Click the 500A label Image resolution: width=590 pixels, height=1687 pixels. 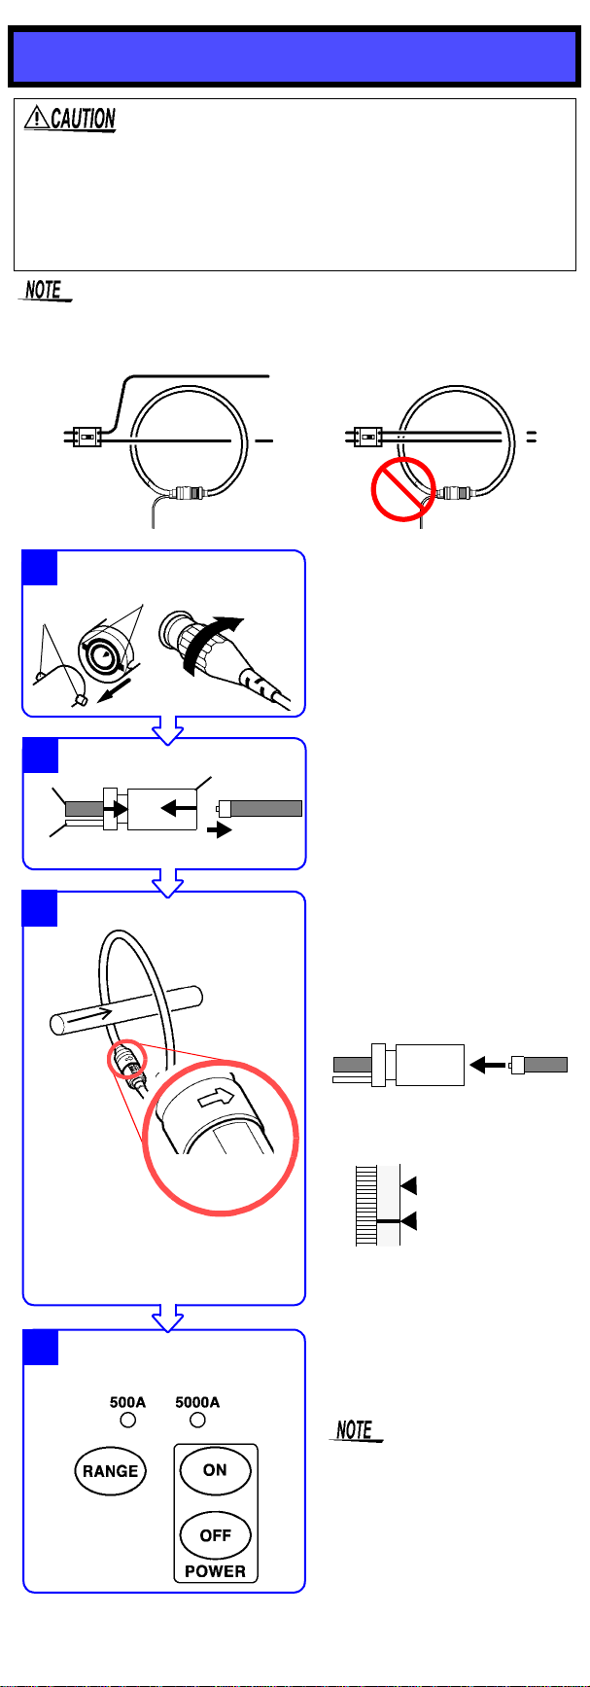(127, 1402)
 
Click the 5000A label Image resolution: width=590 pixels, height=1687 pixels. (197, 1402)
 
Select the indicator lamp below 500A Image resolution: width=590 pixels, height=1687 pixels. (128, 1421)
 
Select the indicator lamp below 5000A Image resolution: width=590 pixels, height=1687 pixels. (198, 1421)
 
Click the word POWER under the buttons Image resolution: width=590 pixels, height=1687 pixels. (216, 1570)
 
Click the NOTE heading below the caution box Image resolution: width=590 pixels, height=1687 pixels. (45, 290)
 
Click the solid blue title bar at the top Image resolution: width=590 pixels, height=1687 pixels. (295, 56)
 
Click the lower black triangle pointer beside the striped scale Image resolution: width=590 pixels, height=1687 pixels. (409, 1220)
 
